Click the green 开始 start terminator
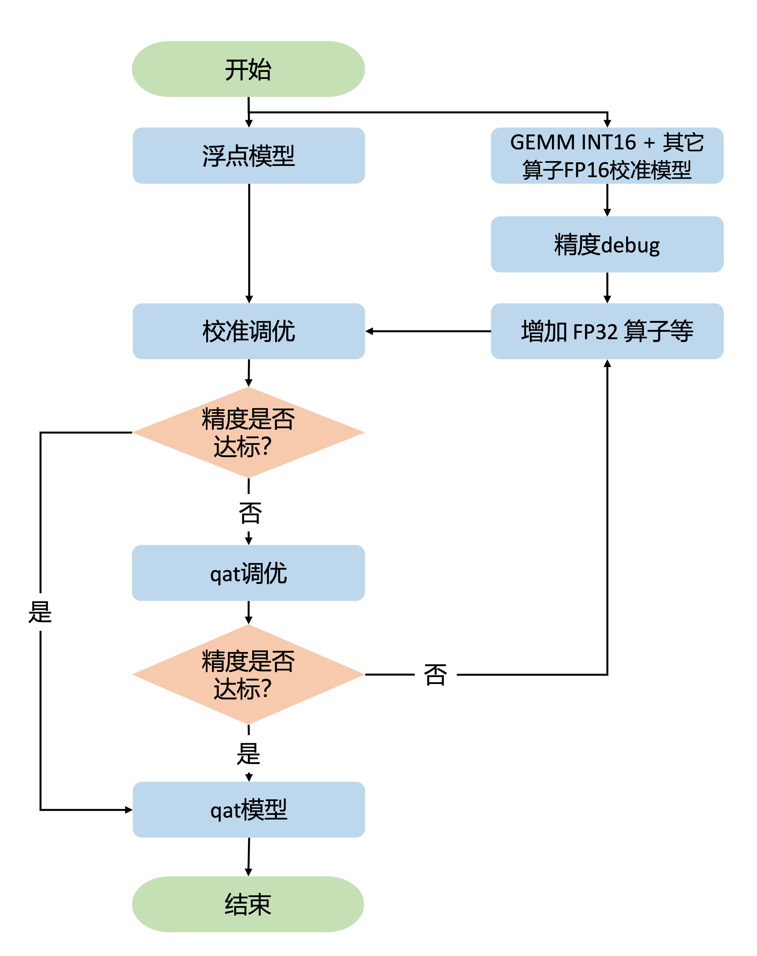[x=248, y=69]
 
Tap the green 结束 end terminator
[x=248, y=904]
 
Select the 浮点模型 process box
[x=248, y=156]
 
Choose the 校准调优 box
[x=248, y=331]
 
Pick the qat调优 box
[x=248, y=573]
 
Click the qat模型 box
[x=248, y=809]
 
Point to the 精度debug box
[x=607, y=244]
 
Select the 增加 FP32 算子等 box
[x=607, y=331]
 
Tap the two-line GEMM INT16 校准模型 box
[x=607, y=156]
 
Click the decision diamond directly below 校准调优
[x=248, y=432]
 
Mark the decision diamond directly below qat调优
[x=248, y=674]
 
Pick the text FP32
[x=595, y=331]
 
